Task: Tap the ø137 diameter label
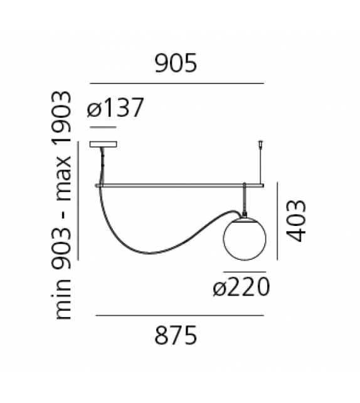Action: point(115,109)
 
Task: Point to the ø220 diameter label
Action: point(241,287)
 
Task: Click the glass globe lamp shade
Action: point(244,237)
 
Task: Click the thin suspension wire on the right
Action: point(260,166)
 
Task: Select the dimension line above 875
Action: point(179,316)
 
